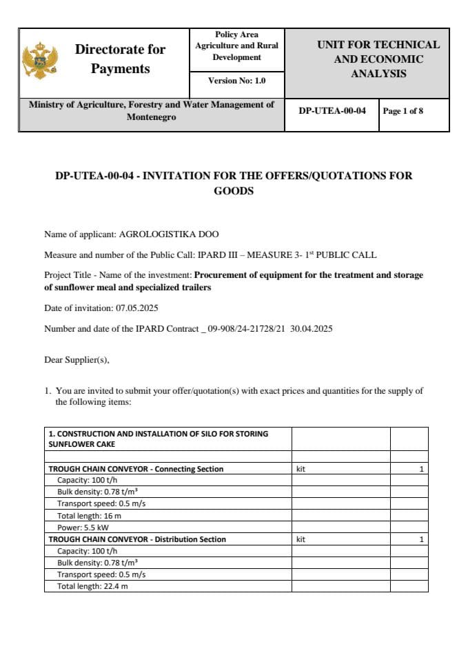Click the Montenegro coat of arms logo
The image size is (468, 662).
pos(39,61)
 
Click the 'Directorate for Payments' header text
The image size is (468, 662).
pos(120,59)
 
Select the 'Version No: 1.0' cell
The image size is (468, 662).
pos(236,81)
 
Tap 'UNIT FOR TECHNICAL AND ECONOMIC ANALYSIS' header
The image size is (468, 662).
pos(378,59)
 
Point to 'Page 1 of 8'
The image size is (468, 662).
pos(403,111)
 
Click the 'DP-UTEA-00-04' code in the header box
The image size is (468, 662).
pos(332,111)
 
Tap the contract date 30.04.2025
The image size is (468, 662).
pos(311,329)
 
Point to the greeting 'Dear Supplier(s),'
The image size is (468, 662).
pos(77,359)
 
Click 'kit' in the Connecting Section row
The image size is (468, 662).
pos(301,469)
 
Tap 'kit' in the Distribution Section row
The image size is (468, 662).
pos(301,539)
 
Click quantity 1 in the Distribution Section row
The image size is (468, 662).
pos(420,539)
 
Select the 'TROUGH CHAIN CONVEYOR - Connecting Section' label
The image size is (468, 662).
pos(136,469)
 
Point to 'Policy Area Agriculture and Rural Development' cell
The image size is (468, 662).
pos(236,46)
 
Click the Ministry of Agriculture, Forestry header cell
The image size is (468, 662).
pos(151,111)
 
